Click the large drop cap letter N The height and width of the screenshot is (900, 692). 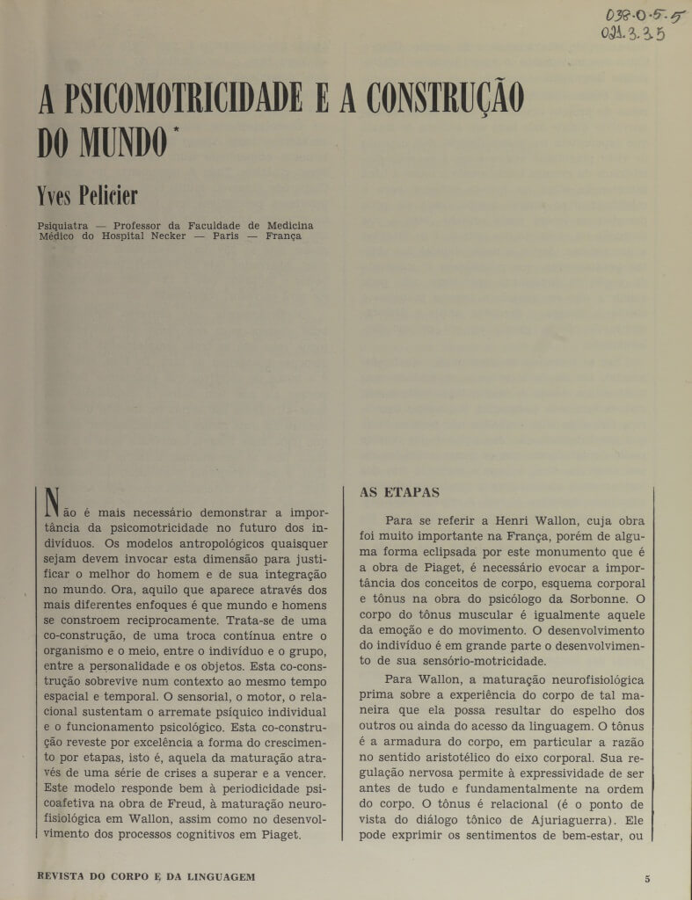[53, 504]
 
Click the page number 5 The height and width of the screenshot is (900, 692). [646, 878]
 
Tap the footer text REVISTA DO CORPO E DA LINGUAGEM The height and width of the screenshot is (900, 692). [147, 877]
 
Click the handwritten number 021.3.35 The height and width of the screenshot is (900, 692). [632, 35]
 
